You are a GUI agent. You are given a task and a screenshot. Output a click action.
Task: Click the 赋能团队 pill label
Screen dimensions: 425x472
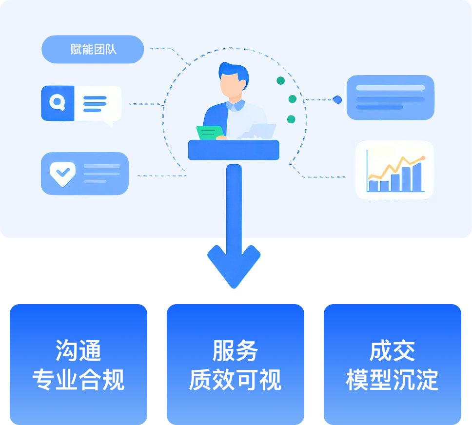point(93,50)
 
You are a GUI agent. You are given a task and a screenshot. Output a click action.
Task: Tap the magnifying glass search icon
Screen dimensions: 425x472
point(58,103)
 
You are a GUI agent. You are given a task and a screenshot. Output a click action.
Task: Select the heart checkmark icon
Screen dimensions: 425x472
point(63,173)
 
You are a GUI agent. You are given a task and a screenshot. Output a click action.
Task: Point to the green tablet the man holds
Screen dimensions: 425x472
point(211,132)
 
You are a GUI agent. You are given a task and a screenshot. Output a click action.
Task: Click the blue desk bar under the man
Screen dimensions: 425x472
point(234,150)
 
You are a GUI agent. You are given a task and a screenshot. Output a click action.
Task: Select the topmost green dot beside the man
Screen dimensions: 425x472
point(280,80)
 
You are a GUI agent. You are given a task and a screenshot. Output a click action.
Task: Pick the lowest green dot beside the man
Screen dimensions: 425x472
point(291,119)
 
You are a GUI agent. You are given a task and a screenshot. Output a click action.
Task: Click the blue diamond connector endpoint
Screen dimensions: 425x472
point(337,99)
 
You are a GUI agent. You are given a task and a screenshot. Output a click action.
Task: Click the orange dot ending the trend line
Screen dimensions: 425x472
point(423,158)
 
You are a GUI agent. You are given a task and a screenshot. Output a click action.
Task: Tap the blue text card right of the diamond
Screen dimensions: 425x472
point(390,97)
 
